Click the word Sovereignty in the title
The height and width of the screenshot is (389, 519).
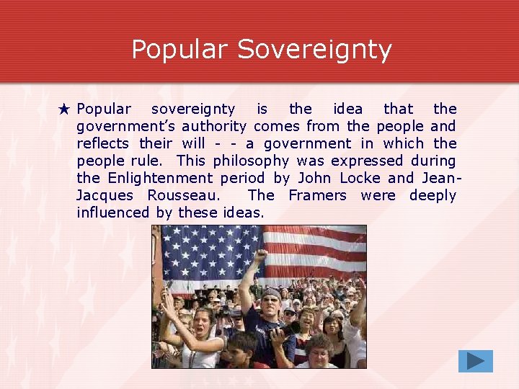(x=314, y=50)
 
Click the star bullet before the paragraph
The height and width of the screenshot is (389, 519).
(x=64, y=109)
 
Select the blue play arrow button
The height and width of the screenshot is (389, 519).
(x=475, y=361)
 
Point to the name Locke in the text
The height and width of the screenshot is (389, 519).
(x=361, y=178)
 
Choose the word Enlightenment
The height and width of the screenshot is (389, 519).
(x=160, y=178)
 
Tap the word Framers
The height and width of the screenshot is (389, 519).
(x=317, y=195)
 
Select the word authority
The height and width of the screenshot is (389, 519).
(x=214, y=126)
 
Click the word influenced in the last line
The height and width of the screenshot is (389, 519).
(x=112, y=213)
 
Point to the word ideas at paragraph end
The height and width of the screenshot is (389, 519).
(x=244, y=213)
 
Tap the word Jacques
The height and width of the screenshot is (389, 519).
(x=105, y=195)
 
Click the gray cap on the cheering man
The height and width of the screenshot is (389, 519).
(x=271, y=293)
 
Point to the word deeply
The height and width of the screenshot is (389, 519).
(x=432, y=195)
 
